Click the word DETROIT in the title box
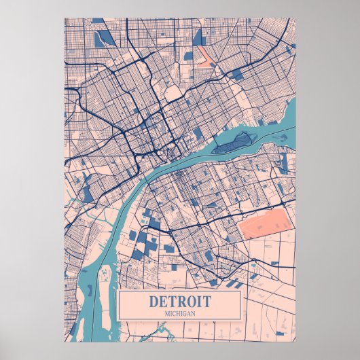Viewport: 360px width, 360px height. click(179, 301)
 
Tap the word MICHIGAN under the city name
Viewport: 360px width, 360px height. click(179, 312)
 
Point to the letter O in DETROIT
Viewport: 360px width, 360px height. click(194, 301)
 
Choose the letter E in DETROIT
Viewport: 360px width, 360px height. click(162, 301)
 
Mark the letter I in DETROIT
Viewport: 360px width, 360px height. click(202, 301)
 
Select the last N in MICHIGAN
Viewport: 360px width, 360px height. click(194, 312)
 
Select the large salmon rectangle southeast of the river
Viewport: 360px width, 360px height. click(265, 227)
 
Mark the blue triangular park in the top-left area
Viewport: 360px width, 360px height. click(105, 38)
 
